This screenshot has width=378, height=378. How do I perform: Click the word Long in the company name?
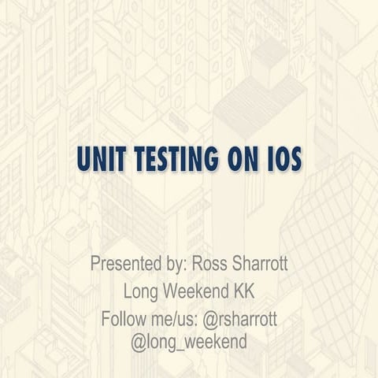point(141,291)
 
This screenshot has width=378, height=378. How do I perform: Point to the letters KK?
point(242,291)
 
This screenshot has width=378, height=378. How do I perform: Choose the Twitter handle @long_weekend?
point(189,343)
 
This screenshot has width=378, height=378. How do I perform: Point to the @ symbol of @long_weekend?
point(138,343)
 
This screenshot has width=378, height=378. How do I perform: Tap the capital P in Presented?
point(95,263)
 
